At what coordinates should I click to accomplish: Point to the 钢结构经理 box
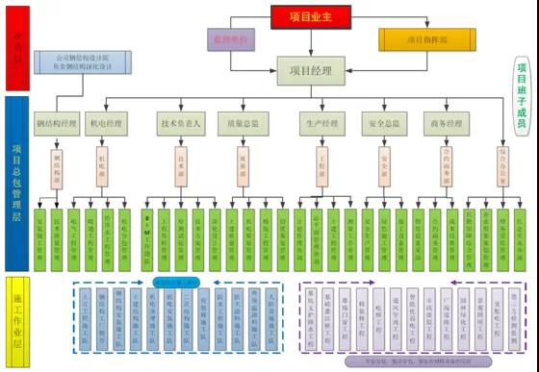coord(56,123)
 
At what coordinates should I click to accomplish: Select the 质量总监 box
coord(243,123)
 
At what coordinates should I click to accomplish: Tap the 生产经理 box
coord(321,123)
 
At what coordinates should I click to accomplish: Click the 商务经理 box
coord(446,123)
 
